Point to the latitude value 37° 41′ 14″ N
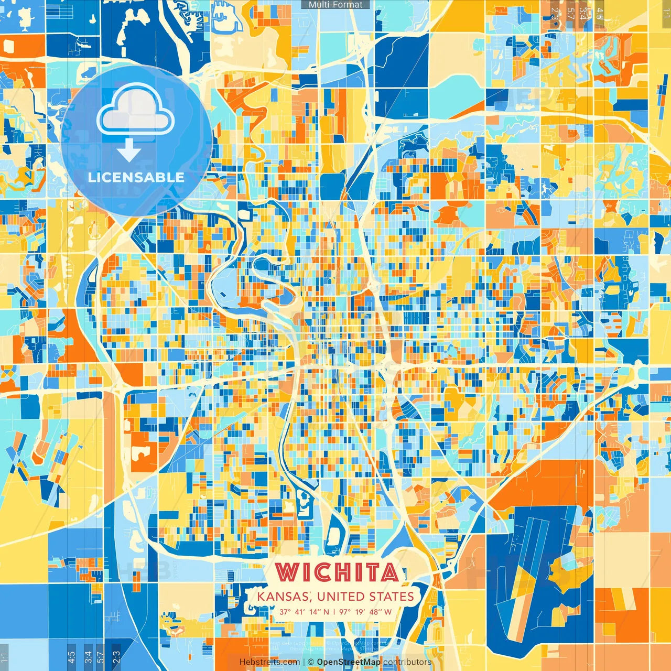pos(304,612)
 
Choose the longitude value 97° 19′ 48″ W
pos(365,612)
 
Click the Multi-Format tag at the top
pos(335,5)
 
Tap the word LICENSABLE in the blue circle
pos(136,177)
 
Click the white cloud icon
pos(135,111)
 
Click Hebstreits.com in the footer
pos(269,662)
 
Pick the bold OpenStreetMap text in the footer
pos(349,662)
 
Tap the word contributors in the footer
pos(407,662)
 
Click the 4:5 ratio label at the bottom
pos(71,657)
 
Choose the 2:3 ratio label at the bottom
pos(116,657)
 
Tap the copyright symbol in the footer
pos(311,662)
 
